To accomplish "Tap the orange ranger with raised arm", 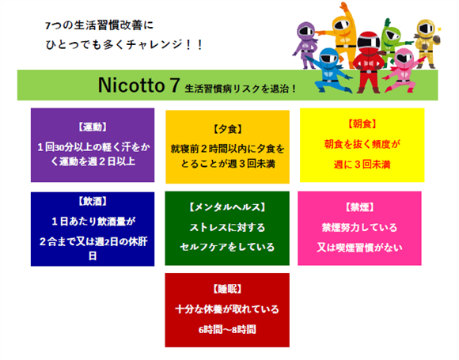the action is pos(341,32).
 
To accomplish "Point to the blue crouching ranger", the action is pos(330,70).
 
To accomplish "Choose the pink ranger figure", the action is pos(402,71).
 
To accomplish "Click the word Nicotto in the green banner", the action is pos(131,85).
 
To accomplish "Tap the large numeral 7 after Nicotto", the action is pos(174,85).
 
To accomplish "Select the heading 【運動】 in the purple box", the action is pos(93,127).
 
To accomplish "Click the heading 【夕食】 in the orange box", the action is pos(227,129).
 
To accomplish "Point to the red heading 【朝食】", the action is pos(362,124).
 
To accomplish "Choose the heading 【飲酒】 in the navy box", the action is pos(93,202).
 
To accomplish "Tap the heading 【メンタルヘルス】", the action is pos(227,207).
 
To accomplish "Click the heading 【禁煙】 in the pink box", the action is pos(359,207).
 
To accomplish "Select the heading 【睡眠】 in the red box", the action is pos(227,289).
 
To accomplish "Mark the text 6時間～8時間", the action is pos(227,330).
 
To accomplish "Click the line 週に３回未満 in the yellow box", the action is pos(362,165).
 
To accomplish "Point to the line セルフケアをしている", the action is pos(227,248).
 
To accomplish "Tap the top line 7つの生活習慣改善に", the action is pos(99,25).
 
